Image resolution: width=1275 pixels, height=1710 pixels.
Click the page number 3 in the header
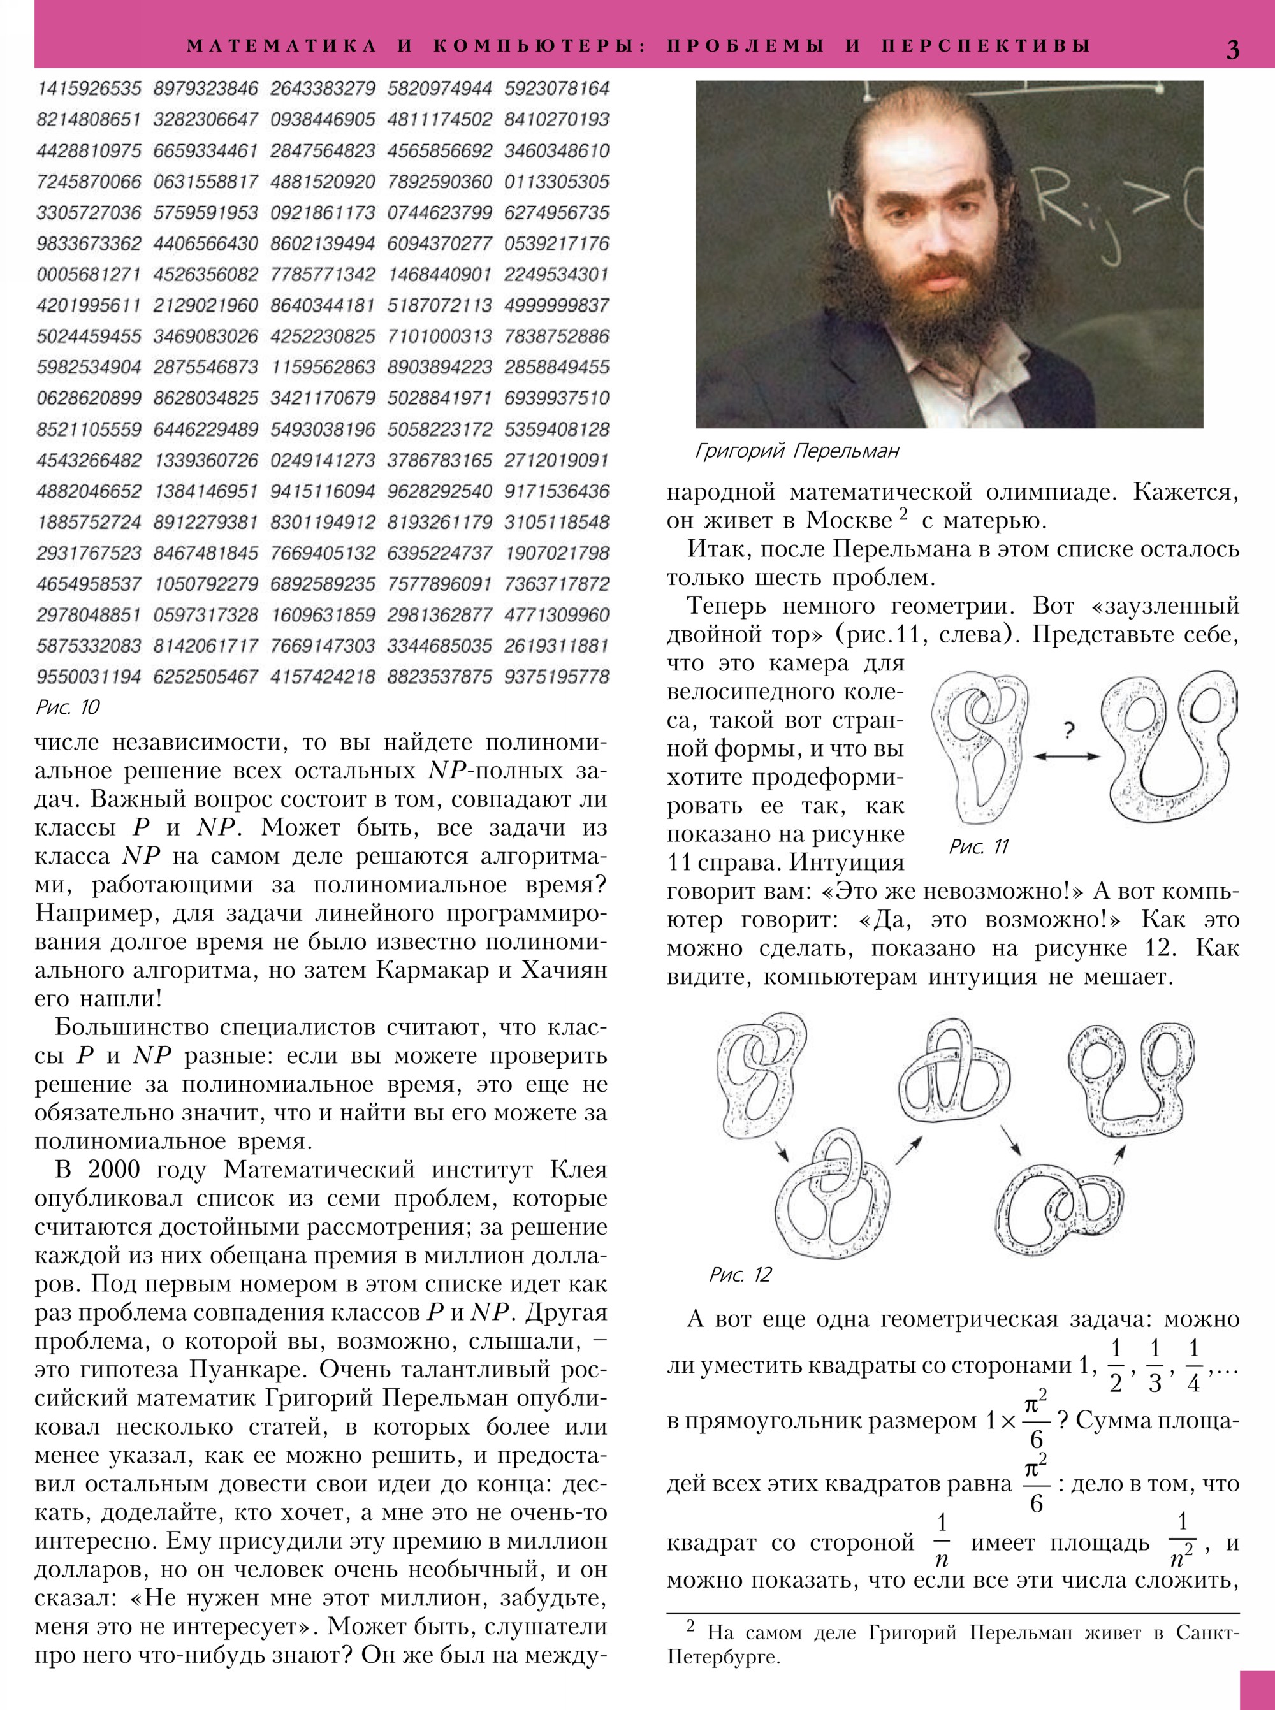pyautogui.click(x=1232, y=48)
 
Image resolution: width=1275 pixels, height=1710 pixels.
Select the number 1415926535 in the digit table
pyautogui.click(x=89, y=88)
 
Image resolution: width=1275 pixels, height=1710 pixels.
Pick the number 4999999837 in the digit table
pyautogui.click(x=557, y=305)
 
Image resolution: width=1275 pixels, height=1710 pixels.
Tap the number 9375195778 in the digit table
pyautogui.click(x=557, y=677)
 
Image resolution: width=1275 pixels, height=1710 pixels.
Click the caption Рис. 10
pyautogui.click(x=68, y=707)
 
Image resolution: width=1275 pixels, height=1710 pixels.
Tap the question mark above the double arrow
pyautogui.click(x=1068, y=728)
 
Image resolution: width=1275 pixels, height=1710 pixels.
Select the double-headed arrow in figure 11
pyautogui.click(x=1067, y=757)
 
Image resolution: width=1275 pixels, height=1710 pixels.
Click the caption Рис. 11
pyautogui.click(x=979, y=847)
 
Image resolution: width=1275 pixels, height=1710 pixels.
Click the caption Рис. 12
pyautogui.click(x=740, y=1275)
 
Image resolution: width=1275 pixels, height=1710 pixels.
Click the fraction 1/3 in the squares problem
pyautogui.click(x=1155, y=1366)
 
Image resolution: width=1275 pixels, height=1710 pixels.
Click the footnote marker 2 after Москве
pyautogui.click(x=903, y=513)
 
